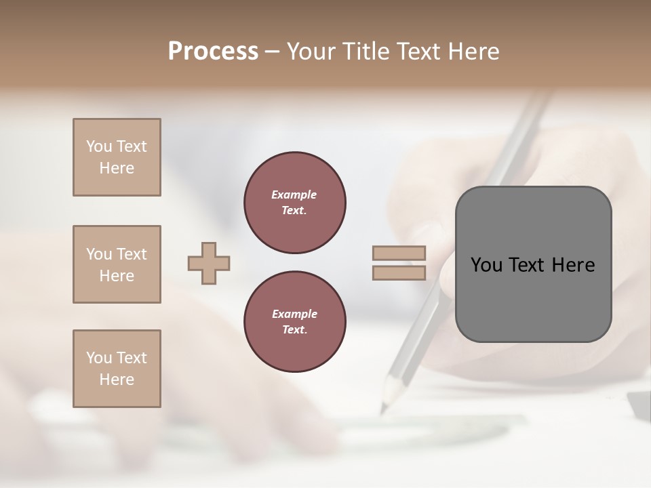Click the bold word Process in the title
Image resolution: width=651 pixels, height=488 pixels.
(x=213, y=52)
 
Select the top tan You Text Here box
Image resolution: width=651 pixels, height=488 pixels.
(x=117, y=157)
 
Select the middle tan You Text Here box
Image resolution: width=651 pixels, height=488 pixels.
(x=117, y=264)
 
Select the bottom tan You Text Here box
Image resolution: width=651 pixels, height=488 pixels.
(x=117, y=369)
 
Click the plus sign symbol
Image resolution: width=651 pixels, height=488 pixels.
(x=209, y=263)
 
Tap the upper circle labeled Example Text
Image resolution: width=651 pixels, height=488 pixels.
(x=294, y=203)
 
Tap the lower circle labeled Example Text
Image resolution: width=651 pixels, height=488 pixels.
(x=294, y=322)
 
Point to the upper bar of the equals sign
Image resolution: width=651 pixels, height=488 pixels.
(x=399, y=253)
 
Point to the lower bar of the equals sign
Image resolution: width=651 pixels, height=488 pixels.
(x=399, y=272)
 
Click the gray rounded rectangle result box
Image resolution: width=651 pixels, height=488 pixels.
(x=533, y=298)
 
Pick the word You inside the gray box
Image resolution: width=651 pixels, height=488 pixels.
(x=486, y=265)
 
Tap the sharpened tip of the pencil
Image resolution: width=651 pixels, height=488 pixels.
(x=384, y=409)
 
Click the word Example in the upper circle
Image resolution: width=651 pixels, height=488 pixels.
(x=294, y=195)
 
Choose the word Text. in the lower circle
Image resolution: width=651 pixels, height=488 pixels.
(x=294, y=329)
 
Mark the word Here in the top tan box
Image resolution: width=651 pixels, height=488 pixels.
(x=117, y=168)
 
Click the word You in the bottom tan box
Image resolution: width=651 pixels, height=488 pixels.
(x=99, y=358)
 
